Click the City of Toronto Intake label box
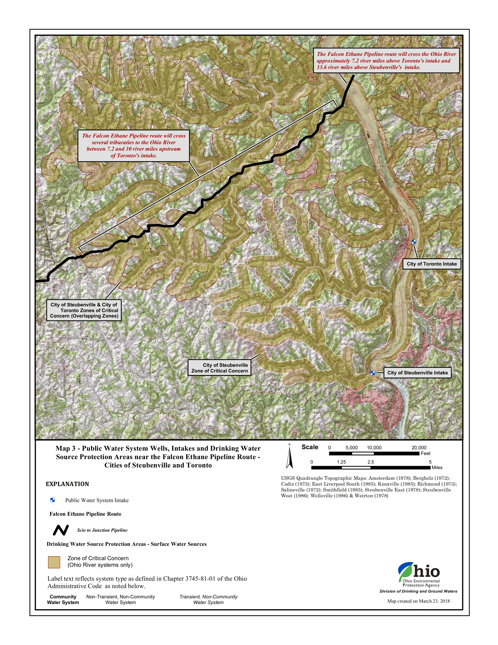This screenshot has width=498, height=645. point(431,264)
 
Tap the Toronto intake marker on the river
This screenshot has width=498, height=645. point(414,242)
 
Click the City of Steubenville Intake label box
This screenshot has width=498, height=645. point(417,373)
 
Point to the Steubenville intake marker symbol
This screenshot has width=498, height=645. point(373,373)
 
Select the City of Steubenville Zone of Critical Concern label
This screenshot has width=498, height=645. point(219,368)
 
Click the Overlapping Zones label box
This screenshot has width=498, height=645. point(84,310)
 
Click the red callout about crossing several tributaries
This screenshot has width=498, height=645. point(133,146)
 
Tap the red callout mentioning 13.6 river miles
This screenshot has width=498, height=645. point(386,61)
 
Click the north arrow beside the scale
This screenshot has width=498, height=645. point(289,457)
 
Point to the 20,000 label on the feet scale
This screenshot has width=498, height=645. point(419,448)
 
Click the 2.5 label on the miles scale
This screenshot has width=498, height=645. point(371,462)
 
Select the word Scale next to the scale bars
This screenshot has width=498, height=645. point(309,447)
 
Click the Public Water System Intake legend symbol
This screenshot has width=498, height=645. point(52,500)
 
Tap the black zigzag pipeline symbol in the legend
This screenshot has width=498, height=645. point(61,530)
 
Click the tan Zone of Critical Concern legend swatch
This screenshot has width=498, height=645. point(54,562)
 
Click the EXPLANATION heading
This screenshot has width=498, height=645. point(67,484)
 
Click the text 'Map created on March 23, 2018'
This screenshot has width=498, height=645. point(418,601)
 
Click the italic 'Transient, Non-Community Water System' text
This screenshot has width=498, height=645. point(208,600)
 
